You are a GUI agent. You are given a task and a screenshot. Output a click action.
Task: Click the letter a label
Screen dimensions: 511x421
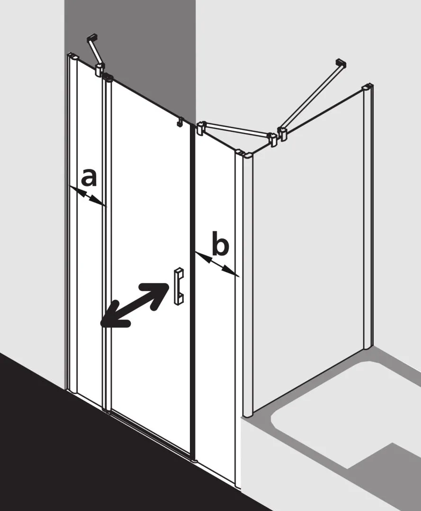[x=89, y=178]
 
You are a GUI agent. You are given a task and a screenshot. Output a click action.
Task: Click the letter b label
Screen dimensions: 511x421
[x=220, y=246]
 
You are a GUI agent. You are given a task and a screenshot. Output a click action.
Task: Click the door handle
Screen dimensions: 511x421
[x=179, y=286]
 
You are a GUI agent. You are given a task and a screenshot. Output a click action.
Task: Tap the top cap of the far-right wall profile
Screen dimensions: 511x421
[x=367, y=88]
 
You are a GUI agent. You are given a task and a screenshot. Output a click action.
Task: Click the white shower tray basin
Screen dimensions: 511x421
[x=331, y=407]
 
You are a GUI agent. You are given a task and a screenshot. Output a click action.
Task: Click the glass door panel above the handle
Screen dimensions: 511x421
[x=147, y=189]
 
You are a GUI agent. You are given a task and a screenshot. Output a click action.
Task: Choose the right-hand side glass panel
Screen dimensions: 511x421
[x=308, y=246]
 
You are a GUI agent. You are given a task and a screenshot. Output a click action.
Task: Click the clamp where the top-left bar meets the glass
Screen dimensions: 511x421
[x=99, y=70]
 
